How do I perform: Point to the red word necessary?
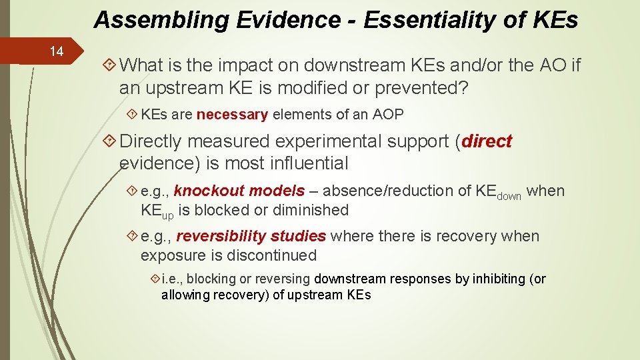coord(232,115)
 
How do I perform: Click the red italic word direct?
coord(487,141)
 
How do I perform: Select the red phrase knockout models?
coord(239,191)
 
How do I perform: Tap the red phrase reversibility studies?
coord(251,237)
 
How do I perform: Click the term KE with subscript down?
coord(498,192)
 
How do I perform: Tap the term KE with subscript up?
coord(157,211)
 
